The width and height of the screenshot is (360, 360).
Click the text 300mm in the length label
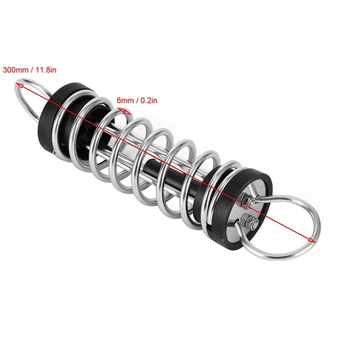15,70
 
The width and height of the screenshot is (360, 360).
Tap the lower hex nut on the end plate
247,221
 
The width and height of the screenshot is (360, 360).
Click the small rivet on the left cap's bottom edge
54,156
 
